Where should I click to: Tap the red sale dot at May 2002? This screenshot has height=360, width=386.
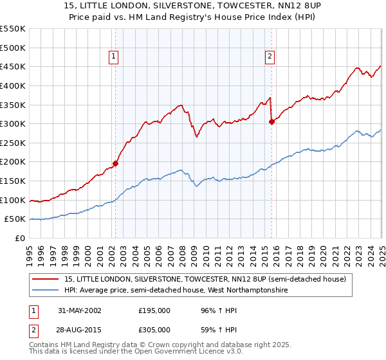click(116, 163)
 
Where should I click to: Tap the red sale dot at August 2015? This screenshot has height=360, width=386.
click(271, 122)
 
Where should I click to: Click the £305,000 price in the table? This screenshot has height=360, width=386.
click(154, 329)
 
